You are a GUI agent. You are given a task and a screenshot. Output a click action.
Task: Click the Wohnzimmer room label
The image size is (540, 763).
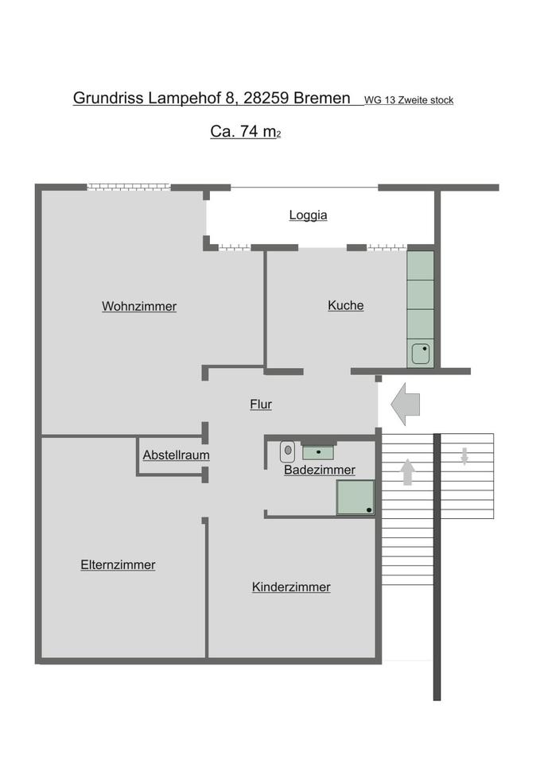tap(139, 307)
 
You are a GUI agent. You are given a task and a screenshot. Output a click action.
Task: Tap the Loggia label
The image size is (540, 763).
tap(308, 215)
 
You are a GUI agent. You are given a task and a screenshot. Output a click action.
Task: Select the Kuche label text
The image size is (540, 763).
tap(346, 305)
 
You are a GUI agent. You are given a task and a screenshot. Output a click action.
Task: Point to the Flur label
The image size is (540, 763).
tap(261, 405)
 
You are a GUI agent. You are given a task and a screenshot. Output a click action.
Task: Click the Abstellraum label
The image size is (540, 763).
tap(176, 455)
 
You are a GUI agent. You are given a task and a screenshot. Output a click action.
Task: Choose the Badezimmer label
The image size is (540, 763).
tap(319, 471)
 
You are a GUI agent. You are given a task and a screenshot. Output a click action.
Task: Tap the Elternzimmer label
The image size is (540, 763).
tap(118, 565)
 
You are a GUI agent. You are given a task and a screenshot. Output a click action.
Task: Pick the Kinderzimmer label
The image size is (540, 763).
tap(291, 587)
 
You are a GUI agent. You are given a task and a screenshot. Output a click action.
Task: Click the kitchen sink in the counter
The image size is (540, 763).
tap(421, 352)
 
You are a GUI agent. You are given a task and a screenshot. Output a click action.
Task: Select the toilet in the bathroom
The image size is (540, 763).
tap(288, 451)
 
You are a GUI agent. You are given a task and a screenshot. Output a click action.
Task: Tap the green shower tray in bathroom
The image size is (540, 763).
tap(355, 497)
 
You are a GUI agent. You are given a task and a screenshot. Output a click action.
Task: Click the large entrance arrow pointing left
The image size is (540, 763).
tap(406, 404)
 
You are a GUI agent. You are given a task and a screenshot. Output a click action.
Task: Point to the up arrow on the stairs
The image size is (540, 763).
tap(407, 472)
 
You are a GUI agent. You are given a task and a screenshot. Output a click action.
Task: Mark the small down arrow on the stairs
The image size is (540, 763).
tap(465, 455)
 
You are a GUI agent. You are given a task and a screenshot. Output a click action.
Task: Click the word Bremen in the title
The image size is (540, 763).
tap(322, 98)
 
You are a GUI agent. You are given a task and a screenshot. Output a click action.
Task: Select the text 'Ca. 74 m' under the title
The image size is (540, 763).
tap(243, 132)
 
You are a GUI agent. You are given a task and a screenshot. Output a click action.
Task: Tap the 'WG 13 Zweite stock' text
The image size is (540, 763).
tap(409, 100)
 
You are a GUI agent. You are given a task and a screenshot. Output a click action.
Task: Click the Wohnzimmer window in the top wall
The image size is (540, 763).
tap(129, 187)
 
